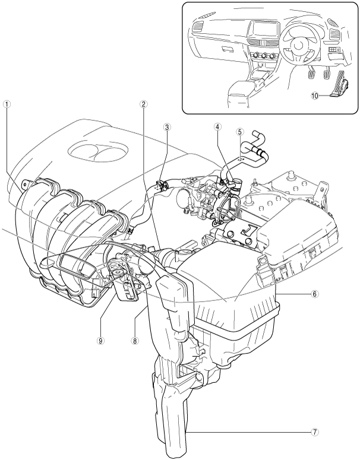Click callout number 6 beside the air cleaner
point(348,293)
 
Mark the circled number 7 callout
point(348,433)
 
